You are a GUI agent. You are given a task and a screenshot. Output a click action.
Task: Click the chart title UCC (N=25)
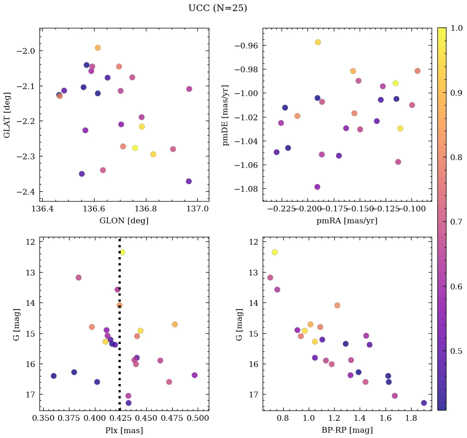217,8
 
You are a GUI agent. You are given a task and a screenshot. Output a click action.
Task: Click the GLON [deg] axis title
124,221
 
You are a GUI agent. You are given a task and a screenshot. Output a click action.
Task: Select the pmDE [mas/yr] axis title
226,115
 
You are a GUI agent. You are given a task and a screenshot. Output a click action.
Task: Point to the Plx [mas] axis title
124,430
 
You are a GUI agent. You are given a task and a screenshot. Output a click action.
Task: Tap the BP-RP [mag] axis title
347,430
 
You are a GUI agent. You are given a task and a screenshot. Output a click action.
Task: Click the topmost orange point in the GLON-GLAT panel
97,48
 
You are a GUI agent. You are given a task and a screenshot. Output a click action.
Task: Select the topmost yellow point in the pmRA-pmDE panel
318,42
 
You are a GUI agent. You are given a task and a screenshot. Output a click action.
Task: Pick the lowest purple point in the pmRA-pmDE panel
317,187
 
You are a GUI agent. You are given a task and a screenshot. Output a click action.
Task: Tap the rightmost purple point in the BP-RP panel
424,403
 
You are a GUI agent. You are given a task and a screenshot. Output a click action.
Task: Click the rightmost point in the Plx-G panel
194,375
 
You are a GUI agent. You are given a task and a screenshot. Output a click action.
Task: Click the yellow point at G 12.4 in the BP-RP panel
275,252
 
